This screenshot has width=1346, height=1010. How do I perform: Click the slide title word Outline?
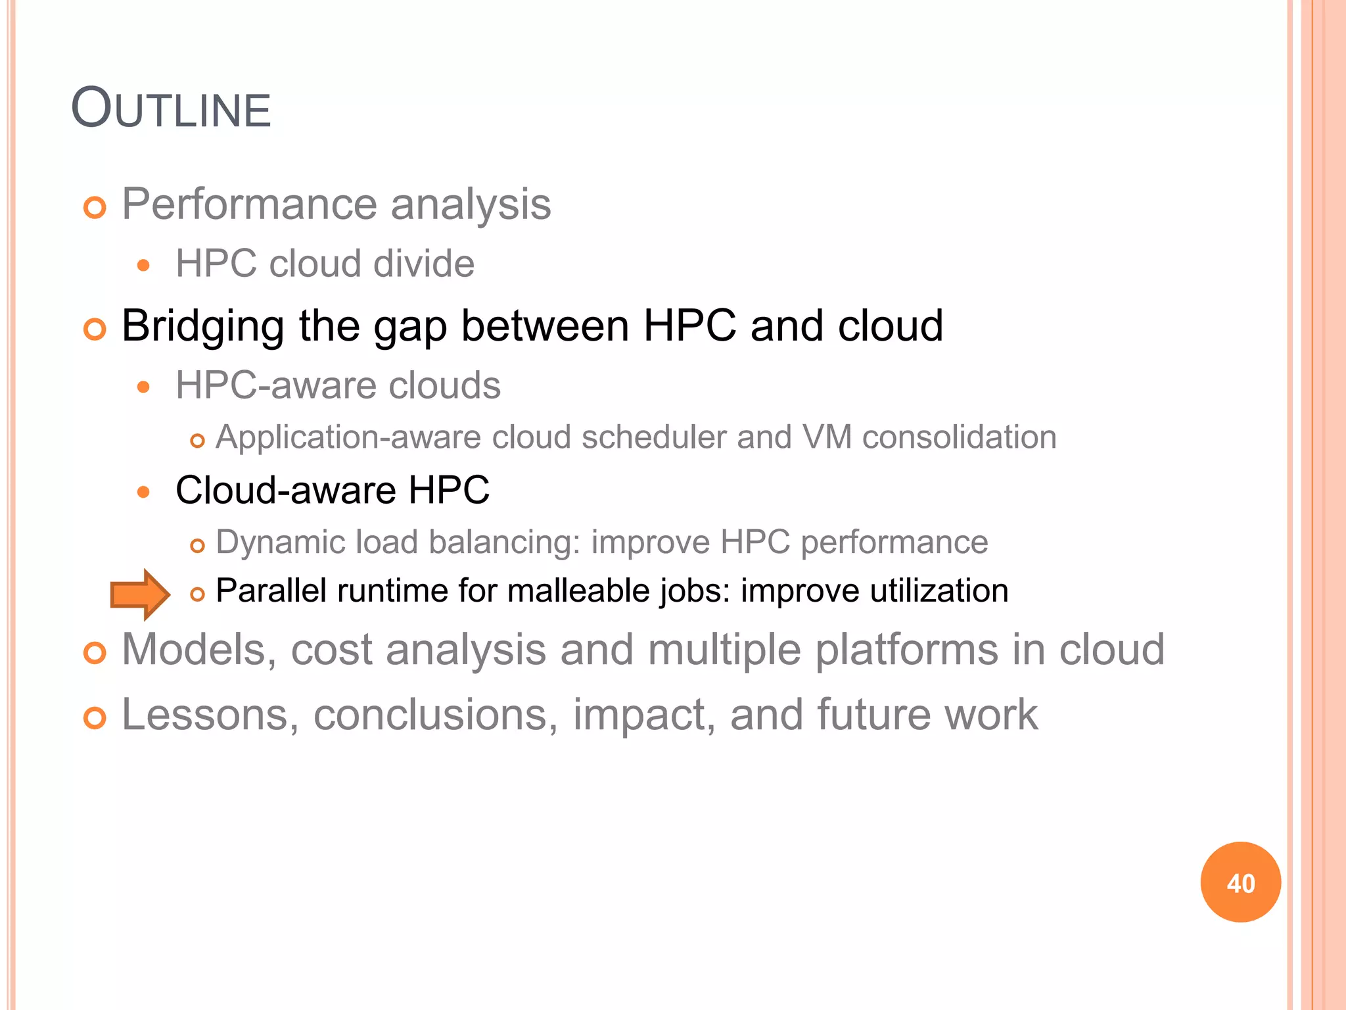pyautogui.click(x=171, y=108)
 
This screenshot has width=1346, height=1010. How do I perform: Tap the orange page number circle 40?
pyautogui.click(x=1240, y=882)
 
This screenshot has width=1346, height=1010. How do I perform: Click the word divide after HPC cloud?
pyautogui.click(x=423, y=264)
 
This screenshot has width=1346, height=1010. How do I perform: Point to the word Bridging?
pyautogui.click(x=203, y=326)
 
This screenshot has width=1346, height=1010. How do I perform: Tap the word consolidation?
pyautogui.click(x=959, y=437)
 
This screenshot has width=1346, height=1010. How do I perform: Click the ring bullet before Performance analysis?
pyautogui.click(x=95, y=208)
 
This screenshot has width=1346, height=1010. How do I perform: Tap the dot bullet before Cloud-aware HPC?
pyautogui.click(x=144, y=492)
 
